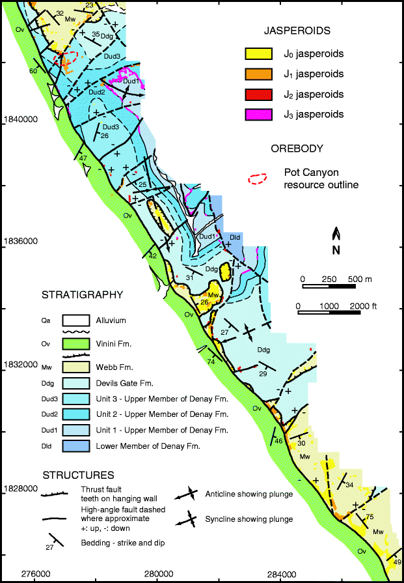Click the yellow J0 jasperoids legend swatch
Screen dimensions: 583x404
click(256, 54)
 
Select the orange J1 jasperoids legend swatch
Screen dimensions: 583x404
click(256, 74)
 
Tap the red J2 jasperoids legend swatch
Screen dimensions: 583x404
click(256, 94)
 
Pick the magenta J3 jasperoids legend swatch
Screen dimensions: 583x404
click(256, 115)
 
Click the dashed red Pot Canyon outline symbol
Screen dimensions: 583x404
click(258, 179)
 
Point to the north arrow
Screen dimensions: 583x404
click(336, 239)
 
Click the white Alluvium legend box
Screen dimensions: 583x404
click(74, 320)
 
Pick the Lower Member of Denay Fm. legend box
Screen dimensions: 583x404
click(74, 446)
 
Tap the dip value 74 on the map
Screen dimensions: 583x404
click(210, 362)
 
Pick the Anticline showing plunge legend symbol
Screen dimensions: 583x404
click(193, 494)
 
